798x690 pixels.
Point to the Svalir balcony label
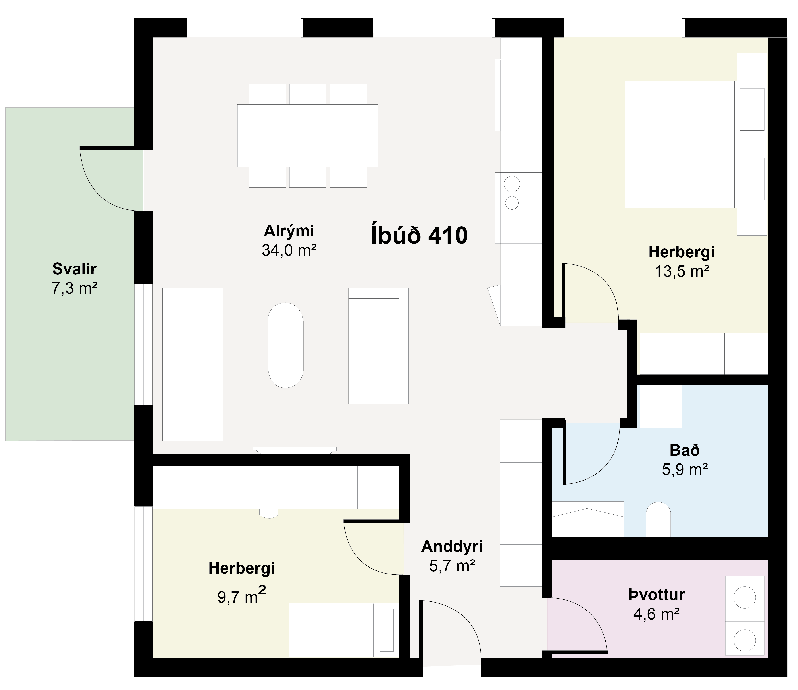pos(74,269)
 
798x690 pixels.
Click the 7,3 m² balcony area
pos(74,288)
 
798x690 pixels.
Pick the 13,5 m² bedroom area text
pos(682,272)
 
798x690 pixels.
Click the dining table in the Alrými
pos(307,136)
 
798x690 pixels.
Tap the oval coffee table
pos(286,345)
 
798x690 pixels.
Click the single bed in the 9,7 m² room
pos(344,630)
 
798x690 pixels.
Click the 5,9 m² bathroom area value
pos(685,469)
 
